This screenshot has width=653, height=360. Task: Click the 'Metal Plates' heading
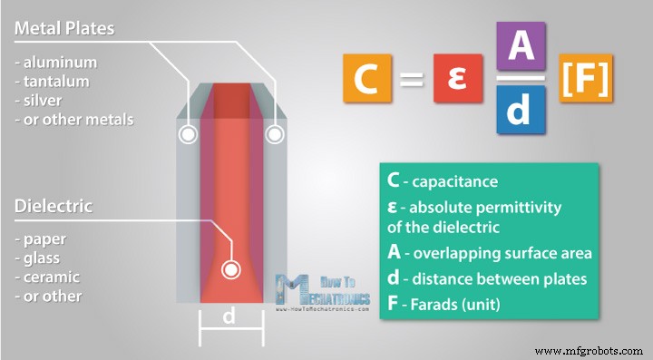point(64,28)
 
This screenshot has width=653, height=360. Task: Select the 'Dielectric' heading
point(54,206)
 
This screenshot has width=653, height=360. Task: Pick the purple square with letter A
point(521,46)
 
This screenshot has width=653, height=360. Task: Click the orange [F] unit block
point(586,78)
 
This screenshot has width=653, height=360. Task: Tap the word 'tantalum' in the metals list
point(52,83)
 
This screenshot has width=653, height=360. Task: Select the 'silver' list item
point(42,101)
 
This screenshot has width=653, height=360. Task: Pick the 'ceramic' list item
point(51,277)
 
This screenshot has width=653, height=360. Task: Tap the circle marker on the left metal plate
point(188,135)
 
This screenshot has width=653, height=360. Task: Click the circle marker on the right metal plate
point(273,135)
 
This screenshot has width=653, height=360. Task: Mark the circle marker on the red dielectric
point(231,269)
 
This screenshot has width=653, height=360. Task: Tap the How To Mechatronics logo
point(322,290)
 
